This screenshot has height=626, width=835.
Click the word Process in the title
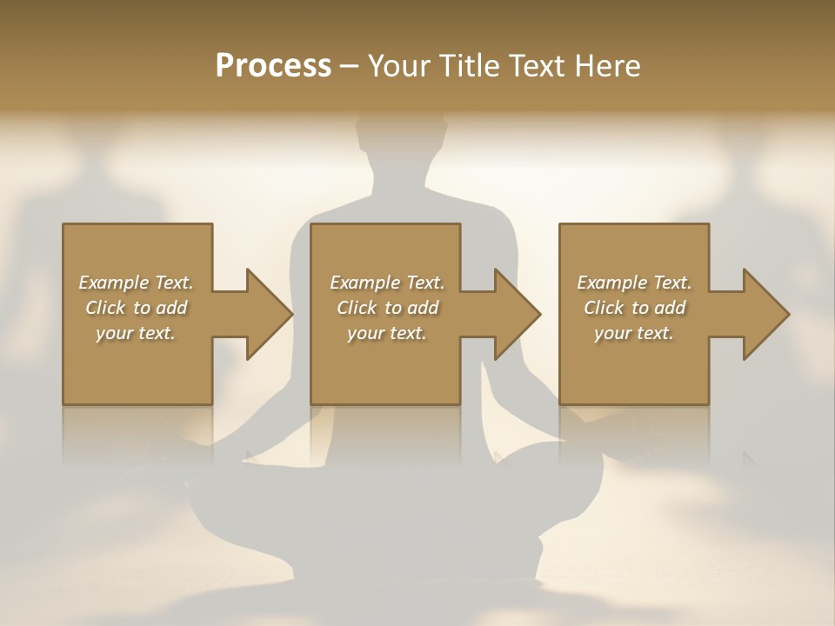(273, 65)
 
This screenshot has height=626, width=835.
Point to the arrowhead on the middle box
(517, 314)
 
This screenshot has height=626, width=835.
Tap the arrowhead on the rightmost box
(765, 314)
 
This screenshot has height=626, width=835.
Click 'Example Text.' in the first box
(136, 283)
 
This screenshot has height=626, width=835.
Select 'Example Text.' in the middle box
(386, 283)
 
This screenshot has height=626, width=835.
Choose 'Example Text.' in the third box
(634, 283)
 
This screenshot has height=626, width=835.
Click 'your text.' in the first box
(136, 333)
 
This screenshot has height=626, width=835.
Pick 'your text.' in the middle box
(386, 333)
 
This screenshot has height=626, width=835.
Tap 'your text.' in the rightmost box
(634, 333)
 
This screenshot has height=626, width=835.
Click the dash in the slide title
(349, 66)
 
